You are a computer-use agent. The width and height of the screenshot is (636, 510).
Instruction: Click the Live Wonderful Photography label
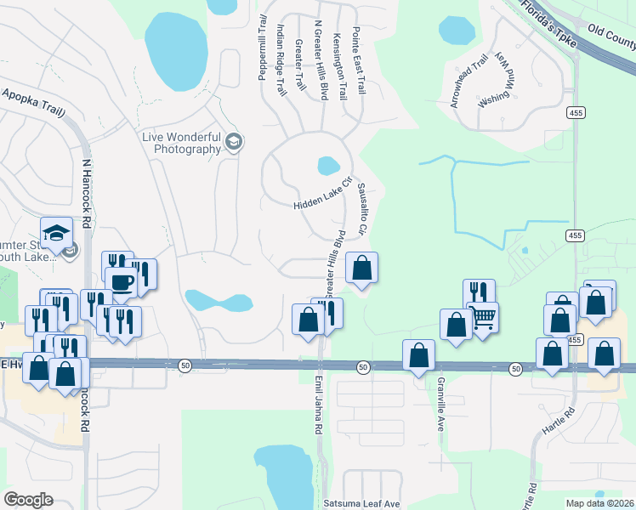(x=182, y=144)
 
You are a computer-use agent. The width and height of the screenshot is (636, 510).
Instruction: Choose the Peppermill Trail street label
(x=263, y=48)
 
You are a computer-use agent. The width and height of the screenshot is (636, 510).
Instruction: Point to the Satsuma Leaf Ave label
(x=361, y=503)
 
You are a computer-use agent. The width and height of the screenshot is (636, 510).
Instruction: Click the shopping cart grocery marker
(x=483, y=318)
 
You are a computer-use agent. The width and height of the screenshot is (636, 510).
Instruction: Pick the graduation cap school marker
(x=56, y=233)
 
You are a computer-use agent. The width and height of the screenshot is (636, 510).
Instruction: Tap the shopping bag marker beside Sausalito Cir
(x=361, y=268)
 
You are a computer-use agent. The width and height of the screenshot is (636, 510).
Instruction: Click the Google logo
(x=28, y=500)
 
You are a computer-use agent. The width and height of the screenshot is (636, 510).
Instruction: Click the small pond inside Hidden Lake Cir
(x=328, y=165)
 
